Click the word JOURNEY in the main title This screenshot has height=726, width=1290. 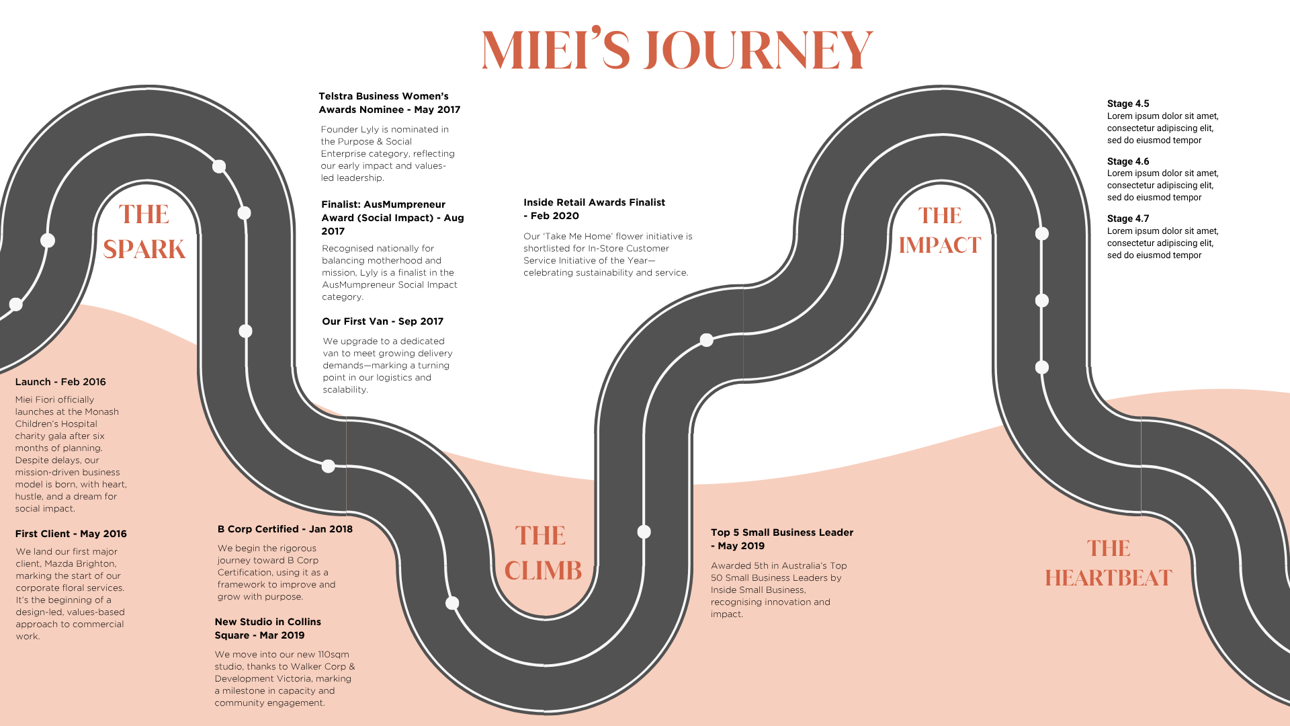coord(758,50)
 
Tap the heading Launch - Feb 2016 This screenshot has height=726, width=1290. coord(60,382)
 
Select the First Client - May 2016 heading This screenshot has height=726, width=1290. coord(71,534)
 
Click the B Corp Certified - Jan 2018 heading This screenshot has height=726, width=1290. coord(285,529)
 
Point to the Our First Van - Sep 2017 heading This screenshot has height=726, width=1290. coord(382,321)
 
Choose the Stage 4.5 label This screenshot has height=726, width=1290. coord(1128,104)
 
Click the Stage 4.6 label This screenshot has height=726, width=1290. coord(1128,161)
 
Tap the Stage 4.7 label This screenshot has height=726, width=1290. coord(1128,218)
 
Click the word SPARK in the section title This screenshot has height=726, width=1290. coord(144,249)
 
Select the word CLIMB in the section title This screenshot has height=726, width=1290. coord(543,571)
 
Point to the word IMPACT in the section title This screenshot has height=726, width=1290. coord(940,245)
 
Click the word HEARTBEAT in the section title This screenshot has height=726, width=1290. coord(1108,578)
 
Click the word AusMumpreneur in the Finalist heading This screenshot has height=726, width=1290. coord(404,204)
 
